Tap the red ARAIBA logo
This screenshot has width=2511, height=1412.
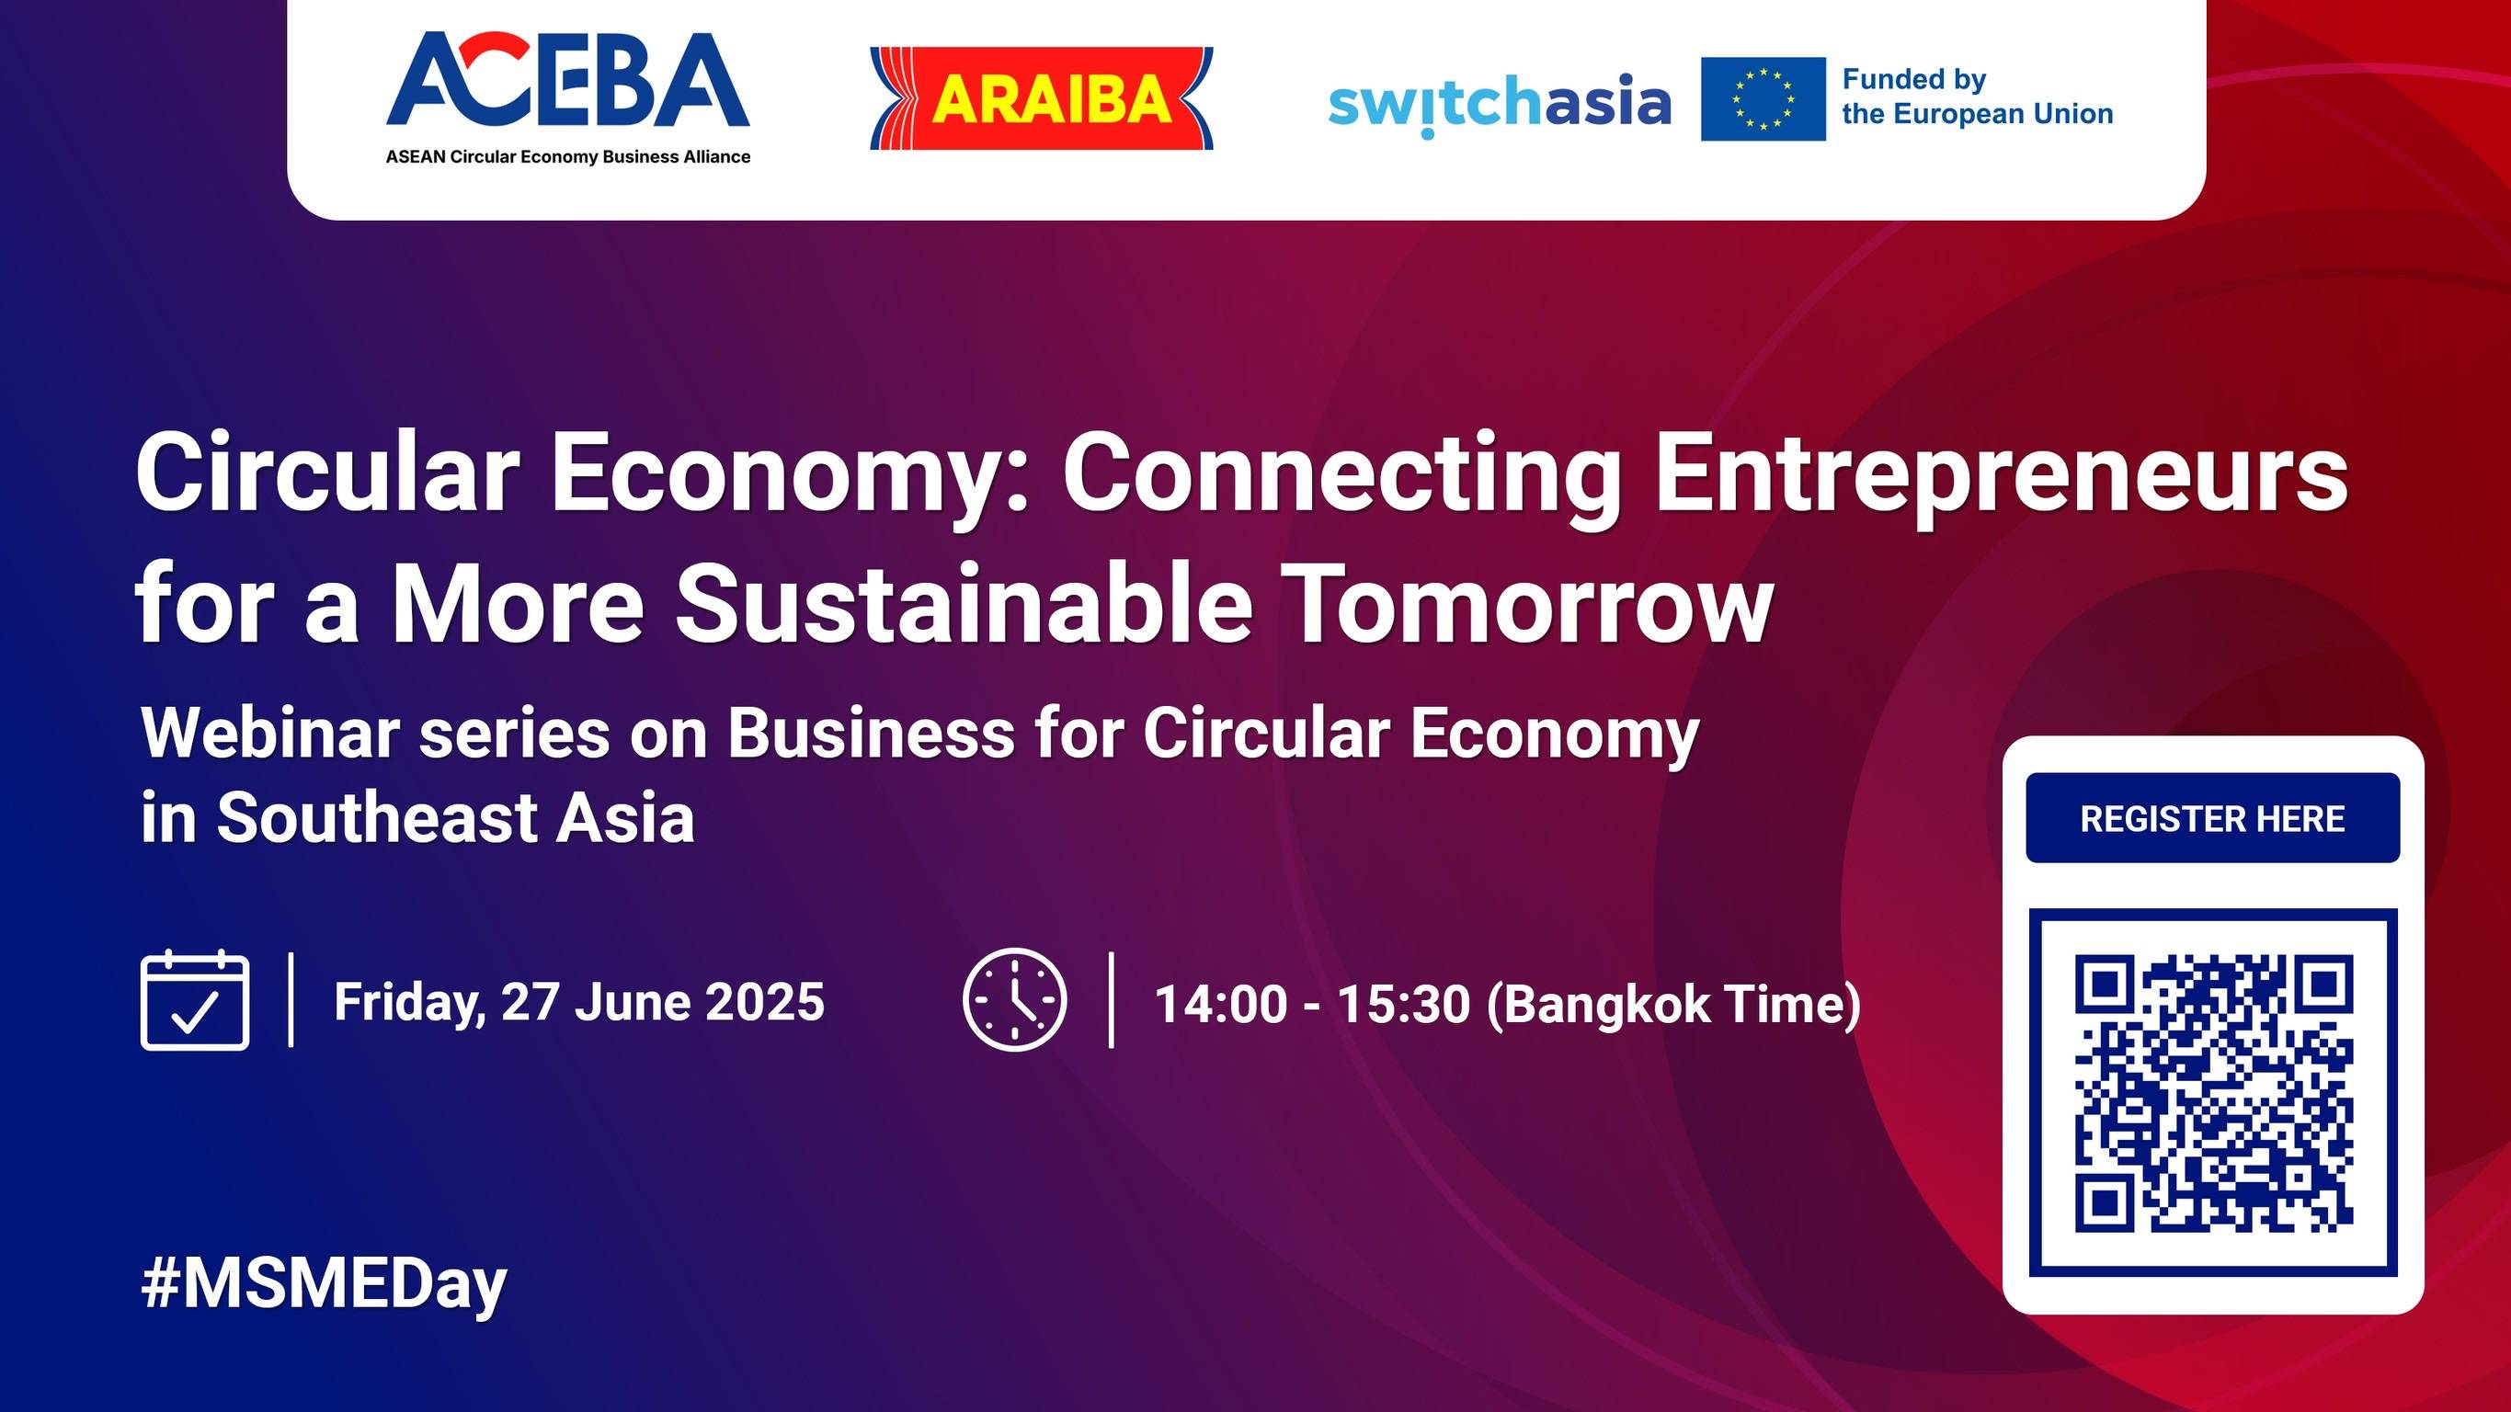coord(1041,98)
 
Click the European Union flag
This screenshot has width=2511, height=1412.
coord(1763,98)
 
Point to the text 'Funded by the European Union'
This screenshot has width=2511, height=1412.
coord(1976,97)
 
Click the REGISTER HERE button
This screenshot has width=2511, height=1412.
coord(2212,818)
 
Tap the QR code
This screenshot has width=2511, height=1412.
coord(2213,1092)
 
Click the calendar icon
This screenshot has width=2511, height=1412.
coord(195,1001)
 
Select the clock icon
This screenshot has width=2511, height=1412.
coord(1014,1000)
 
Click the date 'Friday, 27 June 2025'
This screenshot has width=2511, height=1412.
coord(579,1002)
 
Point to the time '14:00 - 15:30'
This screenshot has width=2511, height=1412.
coord(1311,1004)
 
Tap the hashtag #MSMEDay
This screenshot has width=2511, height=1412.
coord(324,1284)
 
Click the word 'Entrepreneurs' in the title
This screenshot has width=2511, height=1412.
coord(2002,474)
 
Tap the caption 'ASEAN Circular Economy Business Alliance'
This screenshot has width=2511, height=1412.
coord(567,157)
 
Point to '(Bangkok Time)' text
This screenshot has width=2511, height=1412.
coord(1672,1004)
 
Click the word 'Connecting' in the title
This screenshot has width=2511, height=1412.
coord(1341,474)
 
